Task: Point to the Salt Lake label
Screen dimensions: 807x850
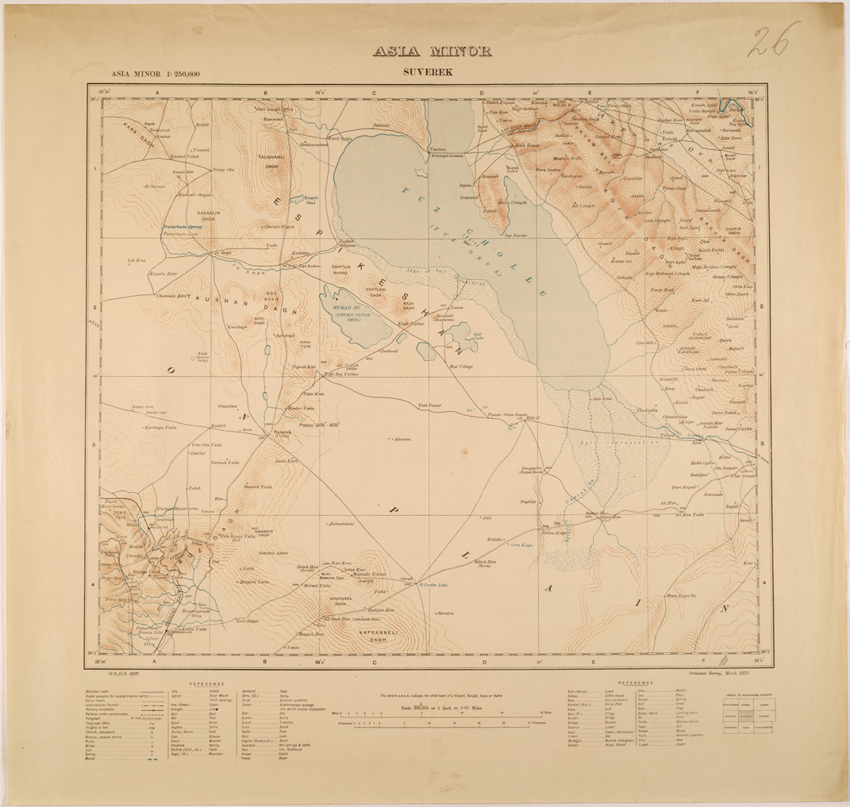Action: pos(478,336)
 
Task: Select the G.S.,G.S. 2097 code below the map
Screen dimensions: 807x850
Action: pos(125,671)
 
